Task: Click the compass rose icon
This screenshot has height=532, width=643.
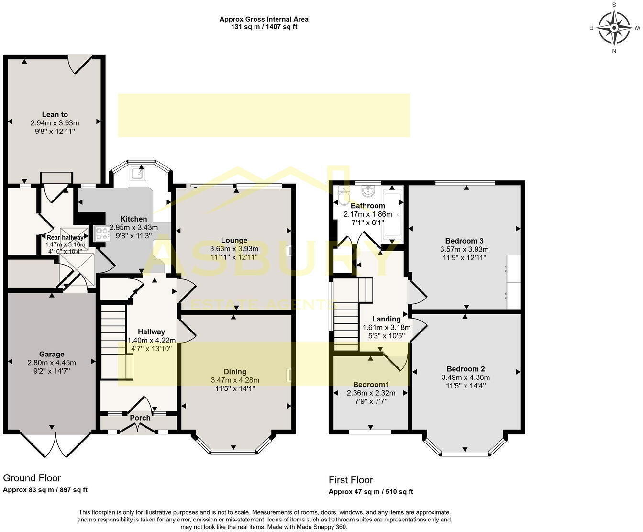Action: (613, 27)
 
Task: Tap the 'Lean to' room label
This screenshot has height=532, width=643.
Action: (55, 114)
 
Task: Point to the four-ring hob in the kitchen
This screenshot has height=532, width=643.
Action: (102, 233)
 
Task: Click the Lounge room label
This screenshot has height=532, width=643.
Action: (234, 240)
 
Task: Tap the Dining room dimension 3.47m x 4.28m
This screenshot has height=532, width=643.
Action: (235, 380)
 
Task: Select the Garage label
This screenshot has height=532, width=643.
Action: (52, 354)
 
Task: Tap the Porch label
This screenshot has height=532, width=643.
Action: (140, 418)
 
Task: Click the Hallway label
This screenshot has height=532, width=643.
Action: (151, 332)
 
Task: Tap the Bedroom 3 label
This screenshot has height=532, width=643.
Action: (464, 241)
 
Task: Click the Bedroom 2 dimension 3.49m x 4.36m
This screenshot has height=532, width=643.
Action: (466, 377)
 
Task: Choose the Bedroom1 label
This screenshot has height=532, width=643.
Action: (371, 385)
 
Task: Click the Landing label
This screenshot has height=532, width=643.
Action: (387, 319)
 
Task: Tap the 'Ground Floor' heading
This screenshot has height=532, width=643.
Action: (32, 477)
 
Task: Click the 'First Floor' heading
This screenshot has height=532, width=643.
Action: (351, 479)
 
